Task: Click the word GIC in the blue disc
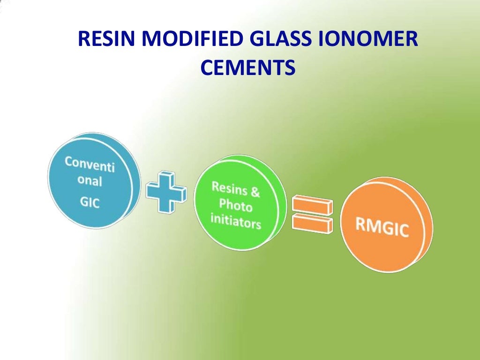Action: click(86, 205)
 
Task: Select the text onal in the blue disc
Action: click(90, 181)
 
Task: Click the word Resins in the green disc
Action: click(228, 188)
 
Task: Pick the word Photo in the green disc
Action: click(236, 205)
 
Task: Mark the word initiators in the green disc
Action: click(235, 221)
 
